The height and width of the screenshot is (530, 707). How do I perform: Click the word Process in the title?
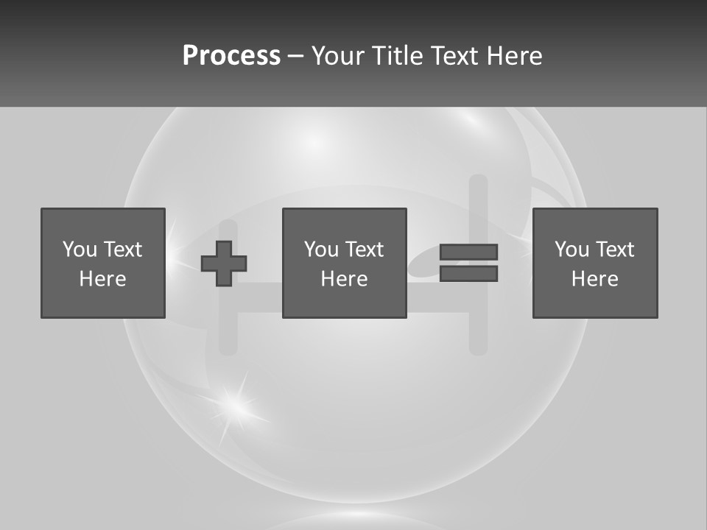[x=231, y=56]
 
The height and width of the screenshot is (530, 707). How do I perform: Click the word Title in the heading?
[x=395, y=56]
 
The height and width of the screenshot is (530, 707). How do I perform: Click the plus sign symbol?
[x=224, y=264]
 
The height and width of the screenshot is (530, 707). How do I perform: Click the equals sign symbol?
[x=468, y=263]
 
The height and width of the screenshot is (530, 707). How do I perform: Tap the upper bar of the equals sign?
[x=468, y=252]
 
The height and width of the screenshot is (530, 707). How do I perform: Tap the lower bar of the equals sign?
[x=468, y=274]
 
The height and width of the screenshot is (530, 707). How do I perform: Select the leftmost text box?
[x=103, y=263]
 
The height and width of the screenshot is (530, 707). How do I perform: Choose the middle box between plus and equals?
[x=344, y=263]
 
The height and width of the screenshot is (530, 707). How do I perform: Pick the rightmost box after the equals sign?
[x=594, y=263]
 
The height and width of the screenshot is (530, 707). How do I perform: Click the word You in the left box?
[x=80, y=250]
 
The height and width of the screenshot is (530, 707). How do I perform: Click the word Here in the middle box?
[x=344, y=279]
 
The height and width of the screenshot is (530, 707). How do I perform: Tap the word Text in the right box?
[x=615, y=250]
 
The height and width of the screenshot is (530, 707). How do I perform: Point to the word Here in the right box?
[x=594, y=279]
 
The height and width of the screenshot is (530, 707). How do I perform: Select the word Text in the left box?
[x=123, y=250]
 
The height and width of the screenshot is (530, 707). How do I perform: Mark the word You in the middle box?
[x=321, y=250]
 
